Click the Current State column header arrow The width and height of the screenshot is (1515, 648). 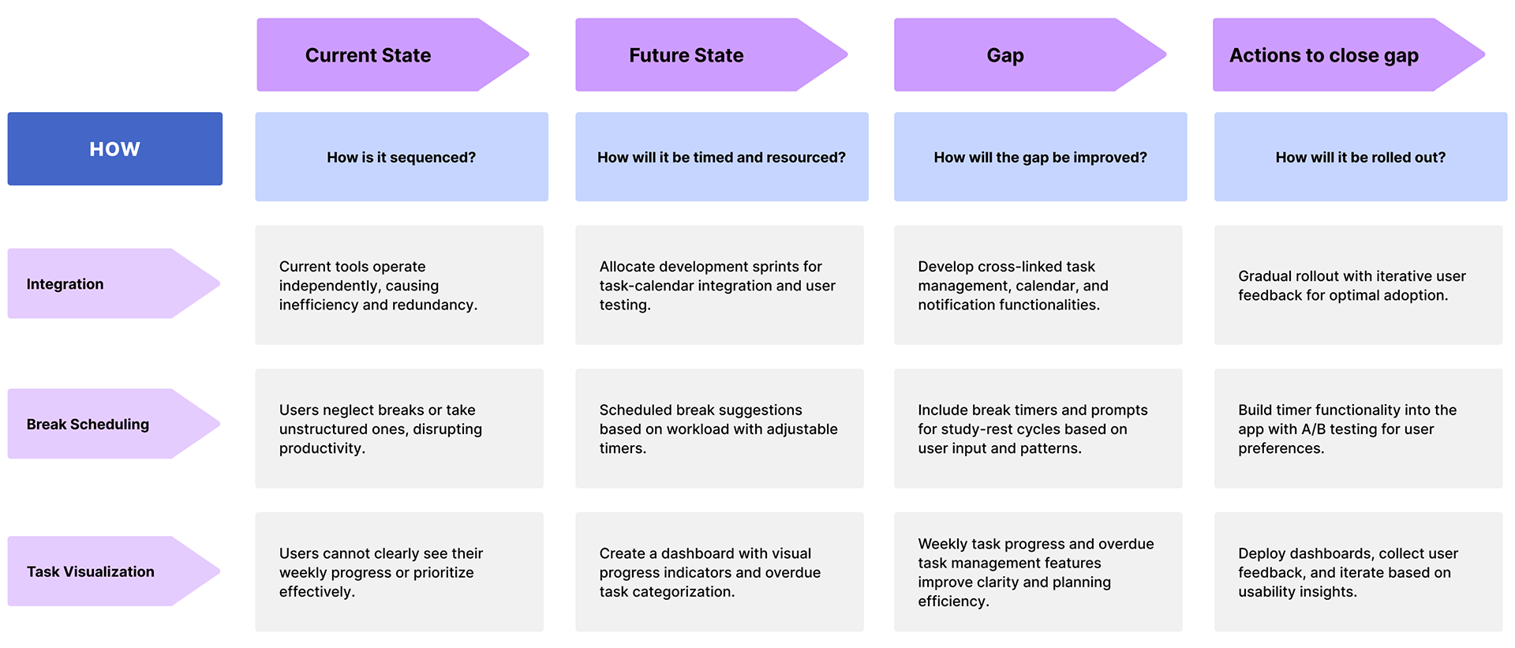click(392, 54)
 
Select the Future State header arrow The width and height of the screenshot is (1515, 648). click(711, 54)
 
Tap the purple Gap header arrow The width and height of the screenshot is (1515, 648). click(1030, 54)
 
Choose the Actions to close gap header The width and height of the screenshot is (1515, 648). click(1349, 54)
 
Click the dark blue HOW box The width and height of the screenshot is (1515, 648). click(115, 148)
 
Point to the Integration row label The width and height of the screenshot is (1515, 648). click(114, 283)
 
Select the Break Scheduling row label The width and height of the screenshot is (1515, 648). click(114, 424)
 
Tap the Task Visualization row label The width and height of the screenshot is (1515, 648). click(114, 571)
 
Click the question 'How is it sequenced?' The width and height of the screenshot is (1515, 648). click(402, 156)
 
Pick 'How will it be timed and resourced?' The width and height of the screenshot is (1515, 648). click(722, 156)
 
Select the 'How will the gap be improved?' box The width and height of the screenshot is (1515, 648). click(1041, 156)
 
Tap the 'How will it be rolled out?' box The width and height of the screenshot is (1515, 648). click(1361, 156)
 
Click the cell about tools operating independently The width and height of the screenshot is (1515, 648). click(399, 285)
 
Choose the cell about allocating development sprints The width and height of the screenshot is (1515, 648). click(720, 285)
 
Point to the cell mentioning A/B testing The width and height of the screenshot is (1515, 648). click(1359, 429)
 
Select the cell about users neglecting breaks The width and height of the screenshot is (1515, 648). click(399, 429)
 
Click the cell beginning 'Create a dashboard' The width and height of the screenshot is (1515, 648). click(720, 572)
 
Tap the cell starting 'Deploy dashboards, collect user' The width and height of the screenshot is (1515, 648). click(1359, 572)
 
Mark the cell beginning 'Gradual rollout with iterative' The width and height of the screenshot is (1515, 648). click(1359, 285)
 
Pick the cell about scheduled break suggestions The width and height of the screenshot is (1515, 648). click(720, 429)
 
